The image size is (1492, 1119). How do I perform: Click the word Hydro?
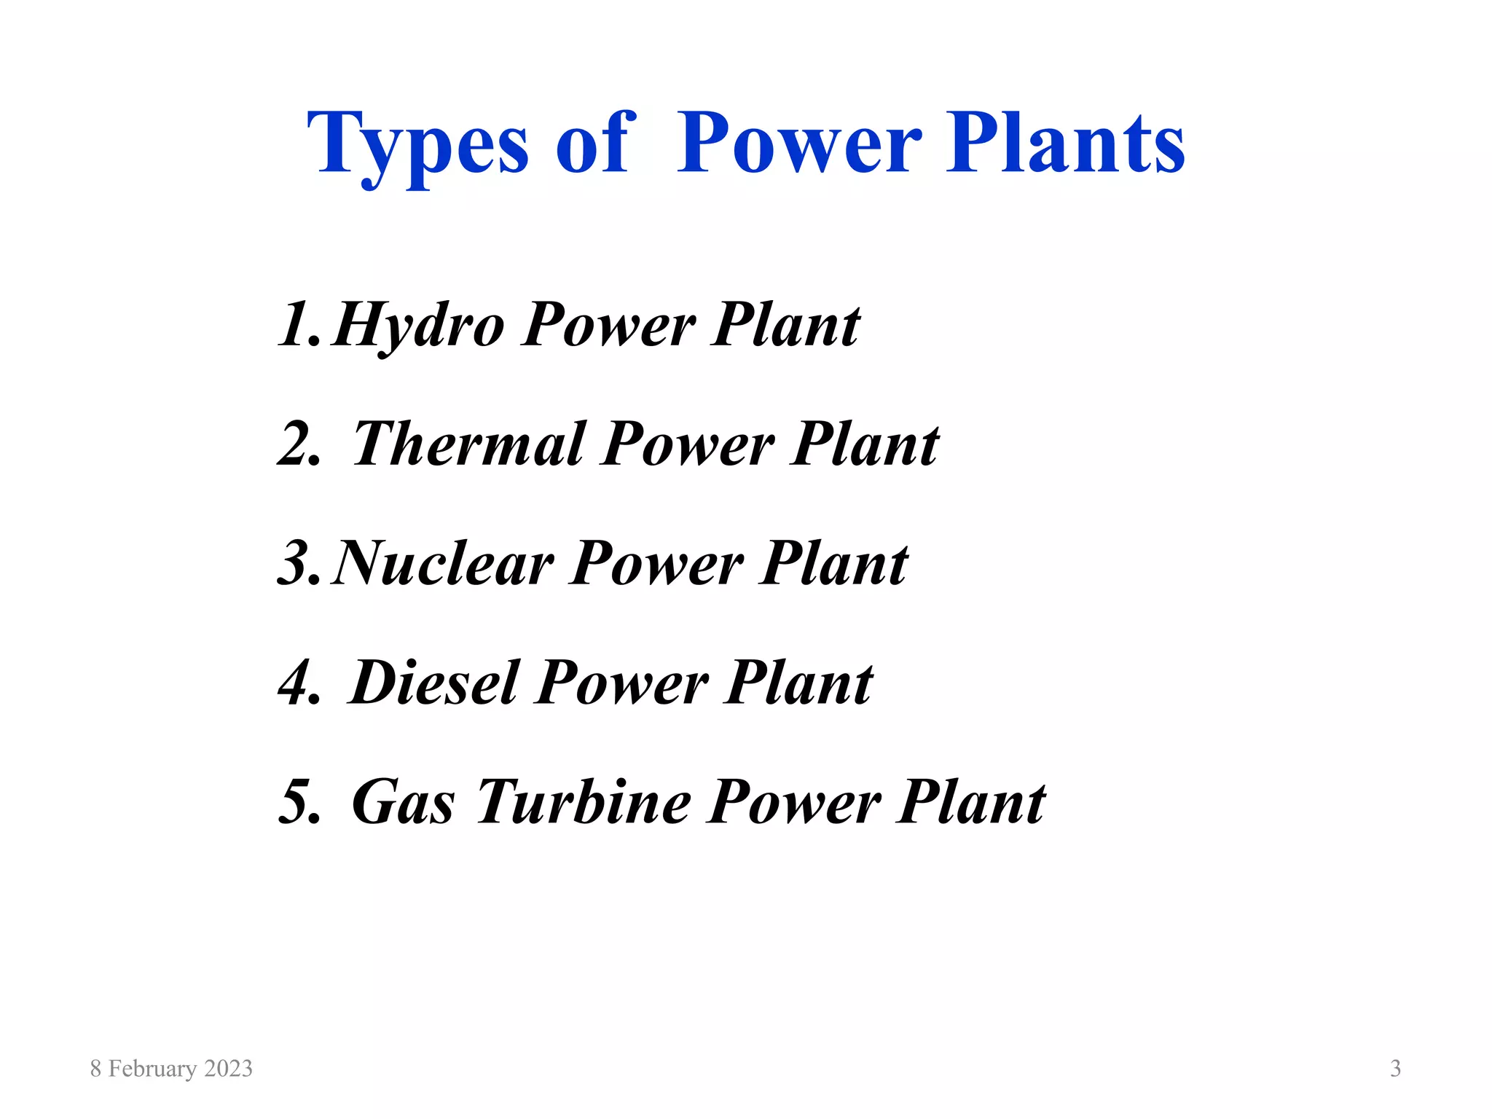[417, 326]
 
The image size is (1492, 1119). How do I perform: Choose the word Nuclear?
[442, 563]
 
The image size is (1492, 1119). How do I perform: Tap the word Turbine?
[584, 802]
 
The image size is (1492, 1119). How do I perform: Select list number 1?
[299, 325]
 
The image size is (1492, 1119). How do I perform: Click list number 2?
[299, 444]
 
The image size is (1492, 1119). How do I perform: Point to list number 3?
[299, 564]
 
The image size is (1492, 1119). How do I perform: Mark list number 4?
[299, 683]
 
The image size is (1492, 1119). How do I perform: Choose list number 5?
[299, 803]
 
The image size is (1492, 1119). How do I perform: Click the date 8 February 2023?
[171, 1069]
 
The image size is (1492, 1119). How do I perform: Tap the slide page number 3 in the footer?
[1395, 1069]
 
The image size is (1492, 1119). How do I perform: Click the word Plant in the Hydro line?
[786, 325]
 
